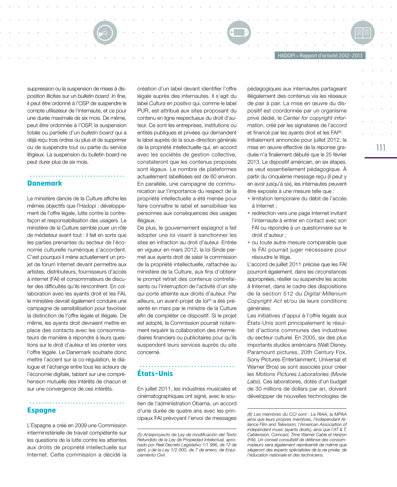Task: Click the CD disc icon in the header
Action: click(x=105, y=32)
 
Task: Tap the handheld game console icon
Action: click(x=239, y=32)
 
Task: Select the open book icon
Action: click(x=363, y=32)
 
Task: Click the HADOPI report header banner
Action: click(x=320, y=56)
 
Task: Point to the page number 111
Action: click(x=381, y=148)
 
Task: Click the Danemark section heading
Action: click(x=45, y=183)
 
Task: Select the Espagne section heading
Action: click(x=41, y=410)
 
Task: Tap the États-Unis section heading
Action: click(x=155, y=373)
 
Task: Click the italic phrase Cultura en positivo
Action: click(x=170, y=103)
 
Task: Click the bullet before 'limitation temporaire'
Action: click(x=249, y=198)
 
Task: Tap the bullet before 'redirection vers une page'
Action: click(x=249, y=213)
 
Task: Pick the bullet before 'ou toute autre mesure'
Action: click(x=249, y=242)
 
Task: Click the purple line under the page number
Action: click(x=381, y=158)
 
